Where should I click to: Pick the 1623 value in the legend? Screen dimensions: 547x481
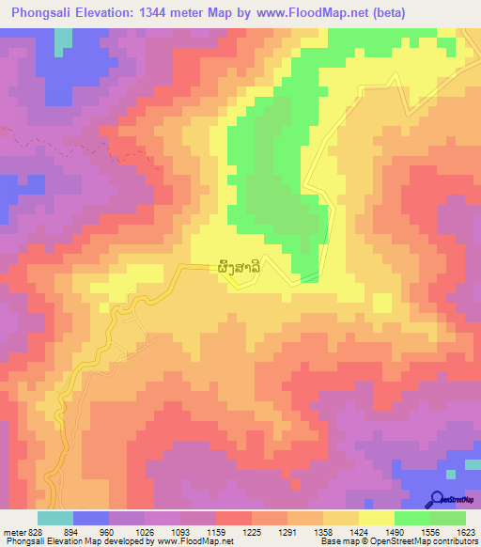click(466, 533)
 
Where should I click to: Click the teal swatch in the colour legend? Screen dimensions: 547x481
click(55, 519)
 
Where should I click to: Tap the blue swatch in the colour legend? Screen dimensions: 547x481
click(91, 519)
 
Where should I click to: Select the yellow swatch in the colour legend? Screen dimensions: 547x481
click(376, 519)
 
